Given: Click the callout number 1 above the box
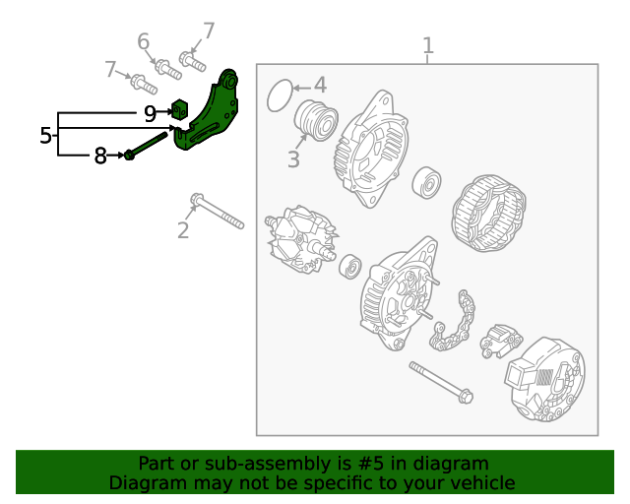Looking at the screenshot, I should [427, 45].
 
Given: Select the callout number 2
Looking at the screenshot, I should [183, 231].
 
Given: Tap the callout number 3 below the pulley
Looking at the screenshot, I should [293, 158].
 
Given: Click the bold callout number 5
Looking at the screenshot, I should [45, 136].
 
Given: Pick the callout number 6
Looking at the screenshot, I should [144, 41].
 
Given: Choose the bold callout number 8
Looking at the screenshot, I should [99, 156].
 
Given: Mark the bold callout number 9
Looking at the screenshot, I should [150, 113].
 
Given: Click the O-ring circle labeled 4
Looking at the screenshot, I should [281, 94].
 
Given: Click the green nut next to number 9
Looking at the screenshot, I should [180, 108].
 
